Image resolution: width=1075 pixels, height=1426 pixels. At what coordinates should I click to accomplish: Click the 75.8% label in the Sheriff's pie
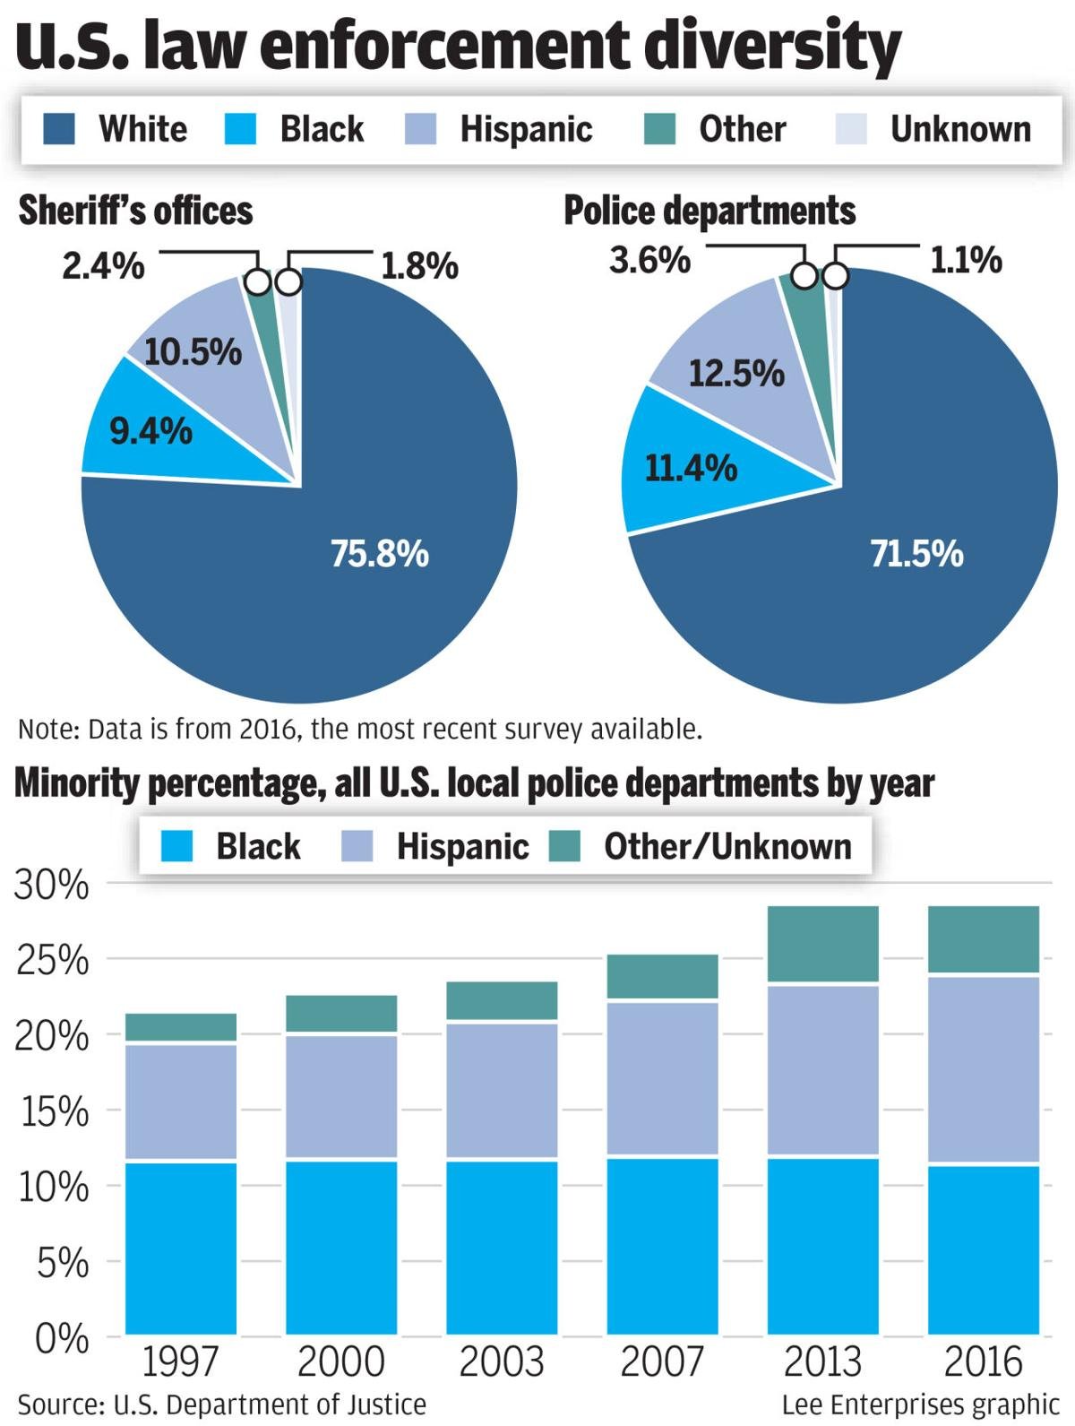380,554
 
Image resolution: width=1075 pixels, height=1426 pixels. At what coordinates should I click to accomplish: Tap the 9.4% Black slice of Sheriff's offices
150,432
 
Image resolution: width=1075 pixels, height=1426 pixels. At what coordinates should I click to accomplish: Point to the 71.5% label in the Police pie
916,554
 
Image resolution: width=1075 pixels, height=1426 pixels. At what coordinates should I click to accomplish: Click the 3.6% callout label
649,260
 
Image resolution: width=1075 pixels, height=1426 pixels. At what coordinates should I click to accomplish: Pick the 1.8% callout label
419,265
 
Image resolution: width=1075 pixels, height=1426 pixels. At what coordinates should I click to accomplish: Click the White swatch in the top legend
59,129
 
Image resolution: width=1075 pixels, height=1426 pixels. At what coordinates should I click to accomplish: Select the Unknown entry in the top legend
959,129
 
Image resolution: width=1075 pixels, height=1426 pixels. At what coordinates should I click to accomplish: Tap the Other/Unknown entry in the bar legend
727,846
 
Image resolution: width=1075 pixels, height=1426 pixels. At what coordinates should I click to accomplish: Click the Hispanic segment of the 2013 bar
822,1070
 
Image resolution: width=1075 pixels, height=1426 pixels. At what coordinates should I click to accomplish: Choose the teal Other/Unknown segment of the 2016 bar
983,938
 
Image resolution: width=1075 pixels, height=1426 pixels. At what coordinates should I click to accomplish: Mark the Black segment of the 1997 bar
181,1248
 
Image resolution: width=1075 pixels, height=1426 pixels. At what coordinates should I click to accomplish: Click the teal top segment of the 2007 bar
662,976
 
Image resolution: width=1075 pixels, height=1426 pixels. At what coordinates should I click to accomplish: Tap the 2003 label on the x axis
501,1361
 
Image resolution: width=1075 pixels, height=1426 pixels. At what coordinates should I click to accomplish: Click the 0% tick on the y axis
62,1338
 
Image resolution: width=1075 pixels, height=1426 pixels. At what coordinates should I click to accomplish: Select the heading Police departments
709,212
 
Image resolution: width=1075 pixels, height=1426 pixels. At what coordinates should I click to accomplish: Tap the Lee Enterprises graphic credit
920,1404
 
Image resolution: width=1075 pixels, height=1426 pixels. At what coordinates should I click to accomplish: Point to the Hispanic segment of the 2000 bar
341,1097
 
